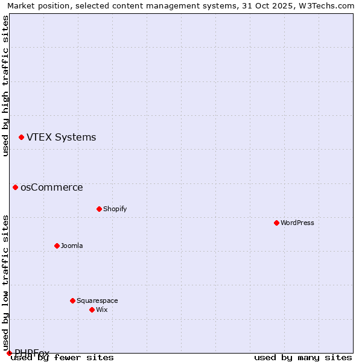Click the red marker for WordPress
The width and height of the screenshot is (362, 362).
coord(276,223)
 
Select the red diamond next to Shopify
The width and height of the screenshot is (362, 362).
coord(99,209)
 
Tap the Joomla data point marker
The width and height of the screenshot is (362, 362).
coord(57,246)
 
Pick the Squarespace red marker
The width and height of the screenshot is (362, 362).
coord(72,300)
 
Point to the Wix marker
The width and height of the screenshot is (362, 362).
coord(92,310)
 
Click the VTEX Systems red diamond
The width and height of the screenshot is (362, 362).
coord(21,137)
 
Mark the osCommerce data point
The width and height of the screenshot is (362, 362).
coord(15,187)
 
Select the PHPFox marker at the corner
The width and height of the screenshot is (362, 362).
coord(9,353)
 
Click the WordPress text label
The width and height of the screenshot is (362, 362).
coord(297,223)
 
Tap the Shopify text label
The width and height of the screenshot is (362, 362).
coord(115,209)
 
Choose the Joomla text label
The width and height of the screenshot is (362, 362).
coord(72,246)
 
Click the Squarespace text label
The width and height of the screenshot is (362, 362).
coord(97,300)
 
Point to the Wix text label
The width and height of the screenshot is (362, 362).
coord(101,310)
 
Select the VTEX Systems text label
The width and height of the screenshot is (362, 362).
coord(61,137)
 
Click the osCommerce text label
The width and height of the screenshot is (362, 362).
coord(51,187)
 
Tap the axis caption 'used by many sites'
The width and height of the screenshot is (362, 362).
coord(303,357)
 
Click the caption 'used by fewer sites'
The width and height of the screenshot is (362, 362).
coord(62,357)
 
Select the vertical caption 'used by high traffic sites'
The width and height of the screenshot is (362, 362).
coord(5,86)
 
